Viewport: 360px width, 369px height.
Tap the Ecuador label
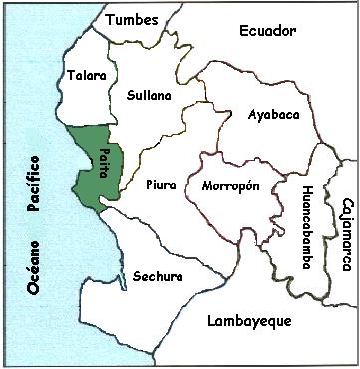(269, 31)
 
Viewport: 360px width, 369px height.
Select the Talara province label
(86, 75)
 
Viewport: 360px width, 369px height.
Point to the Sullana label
(150, 96)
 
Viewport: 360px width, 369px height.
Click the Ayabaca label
(273, 115)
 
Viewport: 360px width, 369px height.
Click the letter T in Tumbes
(111, 19)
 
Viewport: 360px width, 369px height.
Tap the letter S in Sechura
(123, 276)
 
